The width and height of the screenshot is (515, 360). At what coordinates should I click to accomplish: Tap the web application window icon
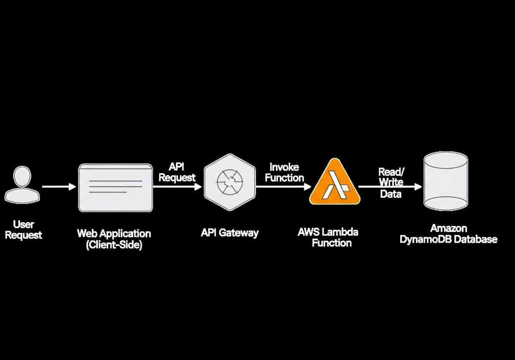pyautogui.click(x=115, y=187)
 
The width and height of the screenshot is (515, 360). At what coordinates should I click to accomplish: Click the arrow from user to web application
pyautogui.click(x=59, y=187)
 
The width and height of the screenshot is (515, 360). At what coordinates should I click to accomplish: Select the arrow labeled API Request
pyautogui.click(x=177, y=186)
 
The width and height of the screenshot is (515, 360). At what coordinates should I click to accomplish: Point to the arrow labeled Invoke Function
pyautogui.click(x=283, y=186)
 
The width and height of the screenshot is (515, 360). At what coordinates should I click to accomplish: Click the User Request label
pyautogui.click(x=23, y=230)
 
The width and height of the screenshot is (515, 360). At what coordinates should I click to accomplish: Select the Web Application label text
pyautogui.click(x=114, y=233)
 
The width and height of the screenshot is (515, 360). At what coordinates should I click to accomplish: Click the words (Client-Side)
pyautogui.click(x=114, y=245)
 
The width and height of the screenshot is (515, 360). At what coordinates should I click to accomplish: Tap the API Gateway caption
pyautogui.click(x=230, y=233)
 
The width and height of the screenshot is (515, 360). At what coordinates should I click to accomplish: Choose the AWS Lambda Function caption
pyautogui.click(x=328, y=238)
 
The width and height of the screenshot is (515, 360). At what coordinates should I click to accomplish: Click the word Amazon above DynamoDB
pyautogui.click(x=449, y=228)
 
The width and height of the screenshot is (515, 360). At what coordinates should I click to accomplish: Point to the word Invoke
pyautogui.click(x=284, y=167)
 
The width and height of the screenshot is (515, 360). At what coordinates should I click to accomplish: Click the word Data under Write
pyautogui.click(x=391, y=194)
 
